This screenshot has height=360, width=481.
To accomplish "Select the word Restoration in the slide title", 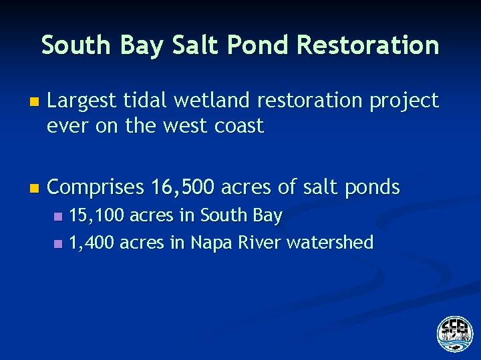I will pos(368,45).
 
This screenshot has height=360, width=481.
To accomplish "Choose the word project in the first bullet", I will pos(405,102).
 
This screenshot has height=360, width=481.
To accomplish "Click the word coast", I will pos(239,126).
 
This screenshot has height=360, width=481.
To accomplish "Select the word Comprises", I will pos(96,188).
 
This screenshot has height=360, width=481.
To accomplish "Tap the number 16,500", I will pos(181,188).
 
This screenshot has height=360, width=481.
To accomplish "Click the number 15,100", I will pos(96,216).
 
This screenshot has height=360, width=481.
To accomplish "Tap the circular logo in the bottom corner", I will pos(454,333).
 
